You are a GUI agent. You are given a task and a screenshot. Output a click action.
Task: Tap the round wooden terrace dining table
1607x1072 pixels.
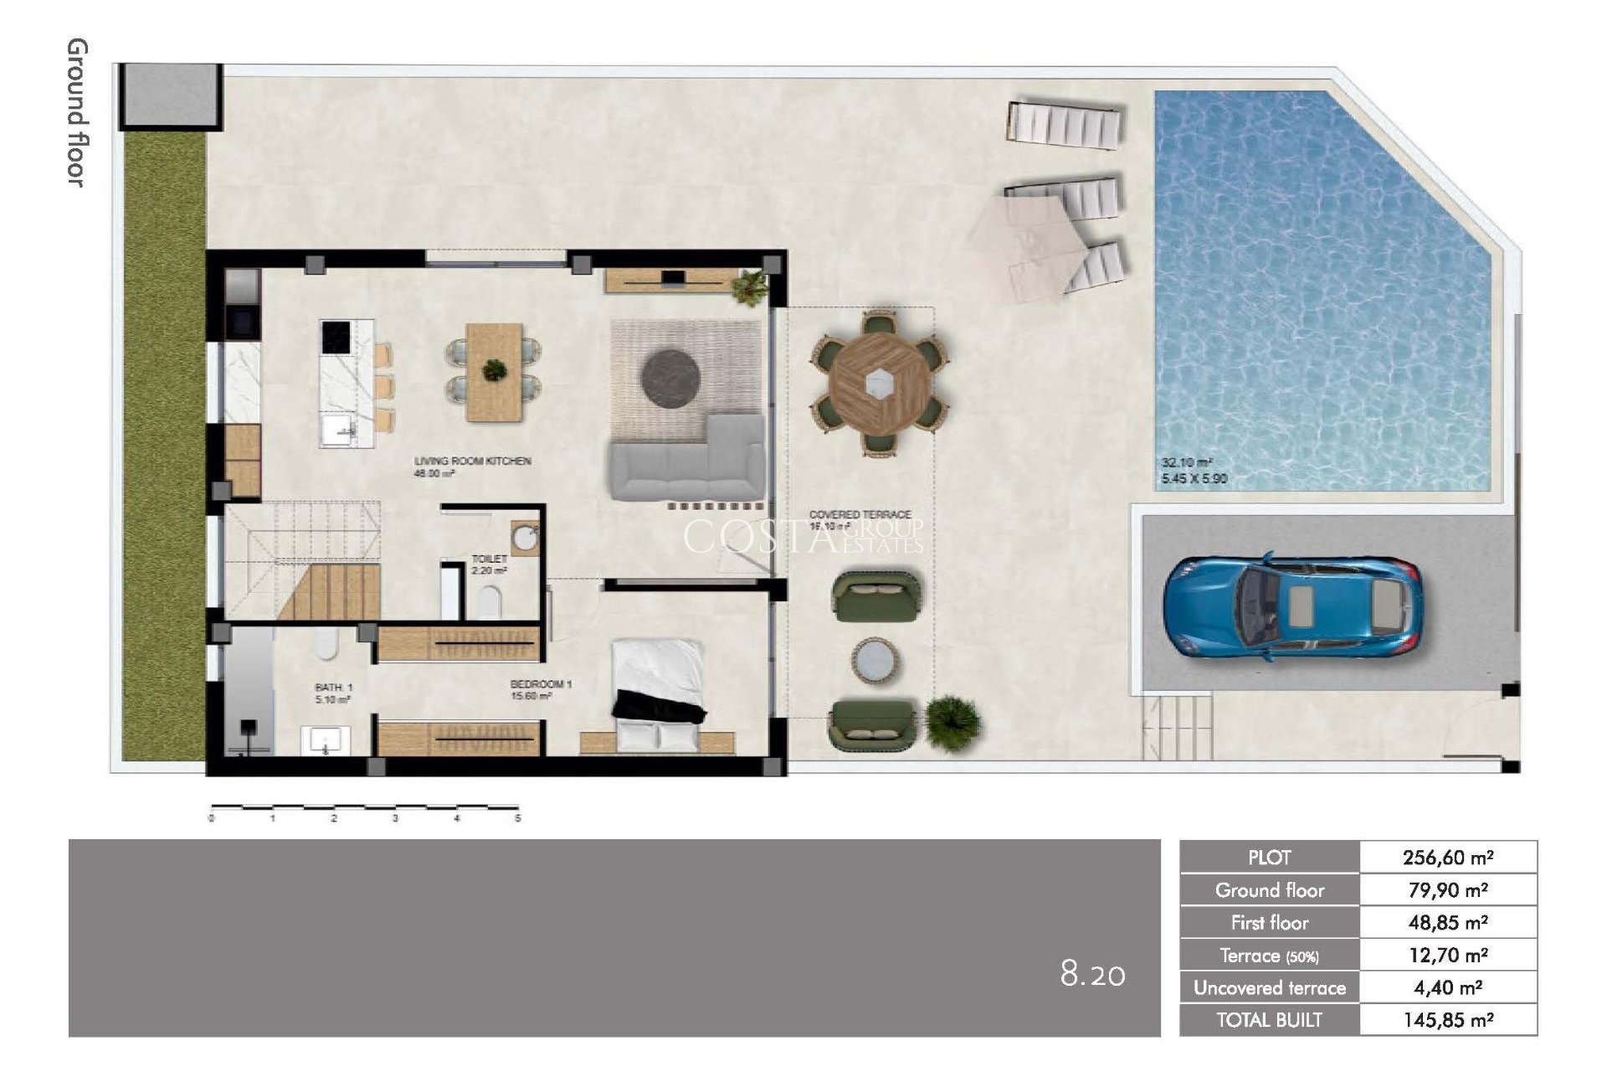click(875, 384)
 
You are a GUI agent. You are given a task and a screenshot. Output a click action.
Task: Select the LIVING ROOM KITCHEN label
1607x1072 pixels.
click(473, 461)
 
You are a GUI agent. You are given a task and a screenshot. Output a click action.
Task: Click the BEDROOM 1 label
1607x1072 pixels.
click(541, 684)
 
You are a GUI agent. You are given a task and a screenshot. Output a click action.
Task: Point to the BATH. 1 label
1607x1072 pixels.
click(333, 687)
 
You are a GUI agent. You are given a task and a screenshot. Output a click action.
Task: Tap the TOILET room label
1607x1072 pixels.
click(489, 559)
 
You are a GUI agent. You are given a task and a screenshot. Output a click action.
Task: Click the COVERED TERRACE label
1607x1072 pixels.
click(860, 514)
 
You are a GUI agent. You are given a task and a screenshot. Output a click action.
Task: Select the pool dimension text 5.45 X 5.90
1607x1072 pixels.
click(1194, 479)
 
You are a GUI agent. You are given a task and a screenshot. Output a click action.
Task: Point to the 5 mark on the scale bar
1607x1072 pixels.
click(517, 818)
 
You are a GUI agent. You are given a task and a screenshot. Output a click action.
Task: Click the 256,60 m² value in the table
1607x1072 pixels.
click(1448, 858)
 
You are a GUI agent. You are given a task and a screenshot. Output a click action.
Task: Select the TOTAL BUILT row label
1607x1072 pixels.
click(1269, 1020)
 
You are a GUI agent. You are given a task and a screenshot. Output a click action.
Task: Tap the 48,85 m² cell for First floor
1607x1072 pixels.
click(1448, 923)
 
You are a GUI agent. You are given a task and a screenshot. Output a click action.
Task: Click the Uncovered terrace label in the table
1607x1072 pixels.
click(1269, 988)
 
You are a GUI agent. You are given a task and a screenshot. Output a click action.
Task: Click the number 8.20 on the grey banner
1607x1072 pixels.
click(1092, 974)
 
